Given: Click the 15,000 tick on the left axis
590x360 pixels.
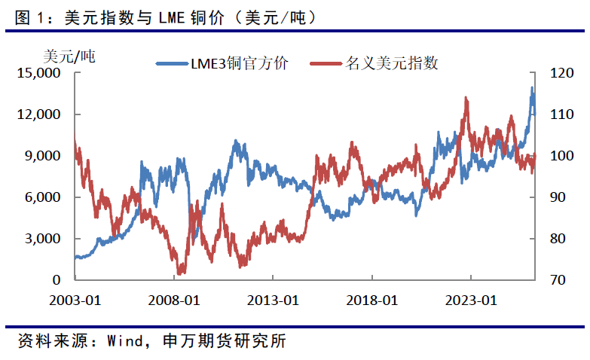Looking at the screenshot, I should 38,73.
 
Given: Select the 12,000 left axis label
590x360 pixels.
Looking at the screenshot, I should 38,114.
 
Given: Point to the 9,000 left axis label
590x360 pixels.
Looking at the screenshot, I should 41,156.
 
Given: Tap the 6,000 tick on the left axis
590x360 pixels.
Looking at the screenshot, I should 41,197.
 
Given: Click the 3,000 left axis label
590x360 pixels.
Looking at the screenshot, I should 41,239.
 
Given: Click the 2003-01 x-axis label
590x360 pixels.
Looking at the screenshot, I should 76,300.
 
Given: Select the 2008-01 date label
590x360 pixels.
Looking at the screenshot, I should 175,300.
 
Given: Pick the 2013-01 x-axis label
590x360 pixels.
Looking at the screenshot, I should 274,300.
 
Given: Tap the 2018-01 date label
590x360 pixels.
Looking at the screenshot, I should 371,300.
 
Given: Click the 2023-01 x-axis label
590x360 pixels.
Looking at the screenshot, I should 470,300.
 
